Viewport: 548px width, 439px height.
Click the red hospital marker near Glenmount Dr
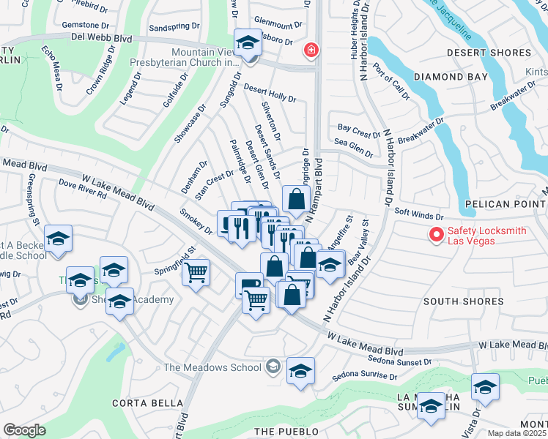point(311,50)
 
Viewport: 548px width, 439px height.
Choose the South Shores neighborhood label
point(463,301)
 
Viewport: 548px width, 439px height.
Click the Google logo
point(24,430)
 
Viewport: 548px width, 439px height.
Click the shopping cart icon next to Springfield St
point(196,274)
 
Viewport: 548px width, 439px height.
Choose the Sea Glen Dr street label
point(353,145)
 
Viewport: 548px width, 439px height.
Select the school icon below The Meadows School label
point(300,371)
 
